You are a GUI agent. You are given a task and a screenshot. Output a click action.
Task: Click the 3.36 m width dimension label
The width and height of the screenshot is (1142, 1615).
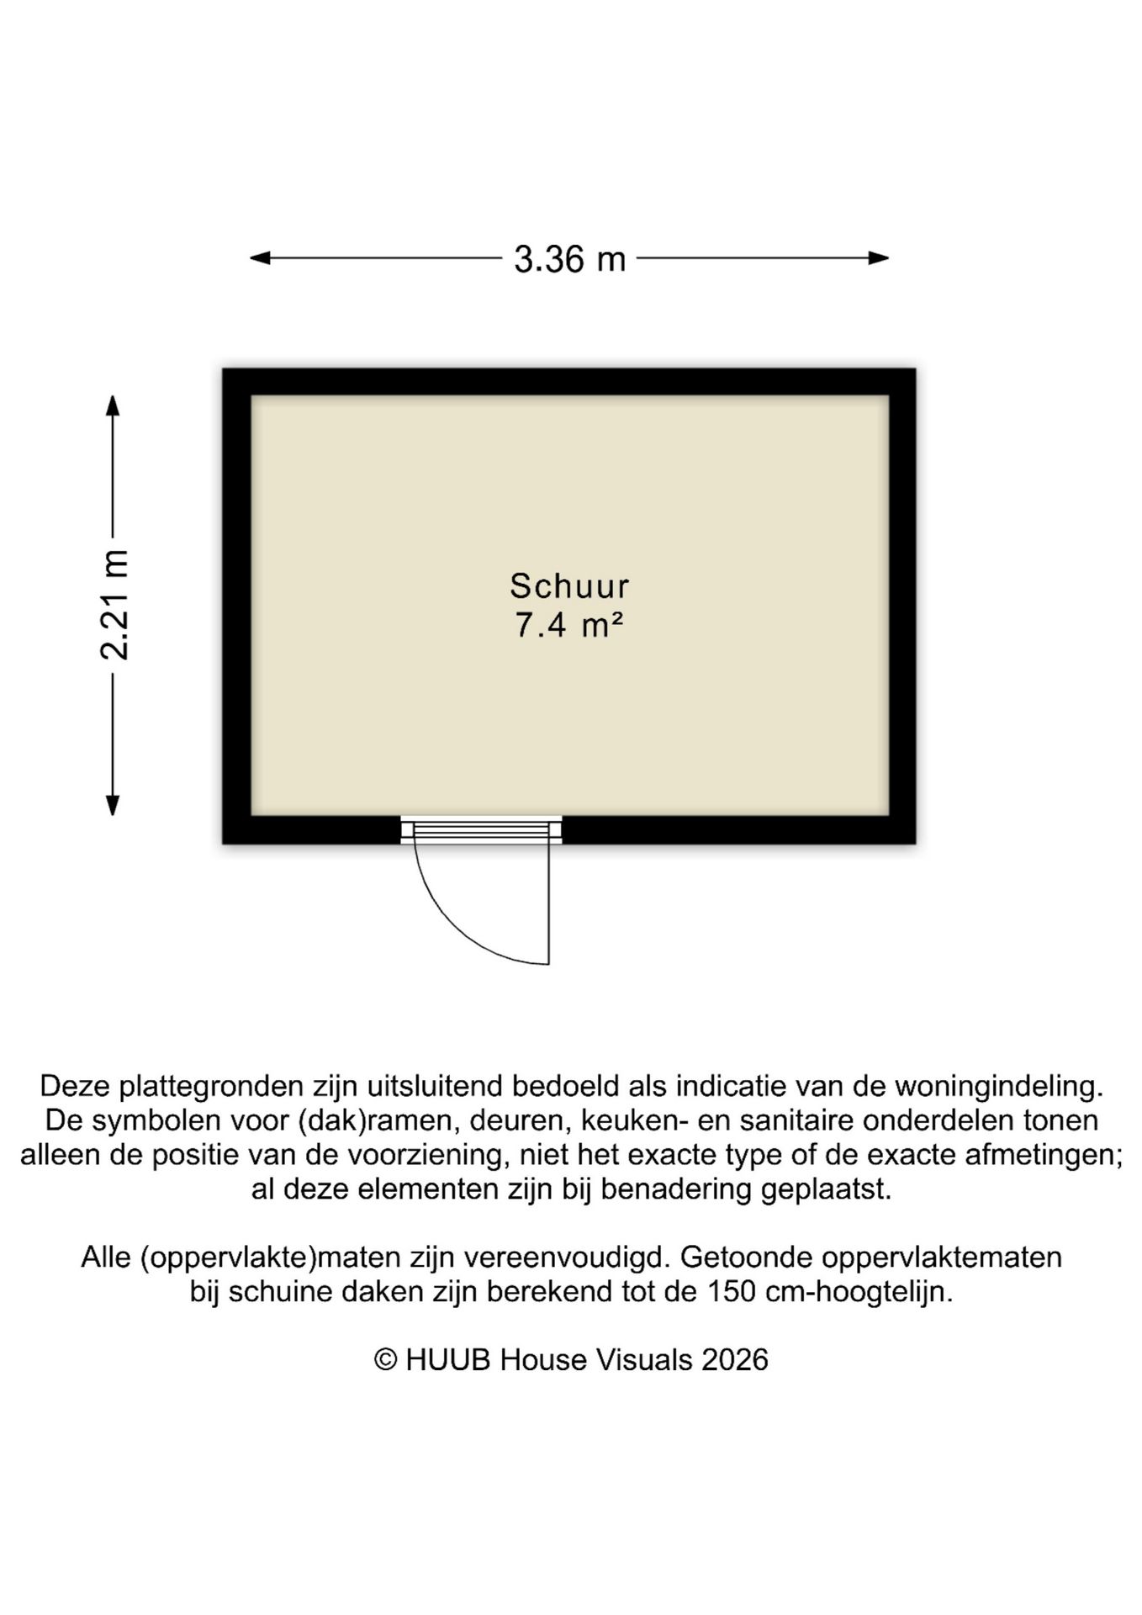coord(569,259)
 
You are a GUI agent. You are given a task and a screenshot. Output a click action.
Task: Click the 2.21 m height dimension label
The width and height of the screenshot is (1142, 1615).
coord(114,604)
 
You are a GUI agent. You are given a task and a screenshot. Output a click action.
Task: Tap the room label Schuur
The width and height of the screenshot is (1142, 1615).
coord(569,585)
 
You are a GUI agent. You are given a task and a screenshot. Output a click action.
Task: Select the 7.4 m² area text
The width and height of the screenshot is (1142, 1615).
coord(569,626)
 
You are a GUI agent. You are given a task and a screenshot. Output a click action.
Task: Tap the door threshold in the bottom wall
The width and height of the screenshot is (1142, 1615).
coord(481,831)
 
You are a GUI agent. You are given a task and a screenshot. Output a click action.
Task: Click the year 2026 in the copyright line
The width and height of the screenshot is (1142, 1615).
coord(734,1360)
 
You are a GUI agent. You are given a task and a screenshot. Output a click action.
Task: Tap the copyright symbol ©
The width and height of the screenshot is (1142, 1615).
coord(385,1360)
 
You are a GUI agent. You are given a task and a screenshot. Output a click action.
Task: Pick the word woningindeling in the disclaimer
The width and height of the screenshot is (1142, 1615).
coord(998,1086)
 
